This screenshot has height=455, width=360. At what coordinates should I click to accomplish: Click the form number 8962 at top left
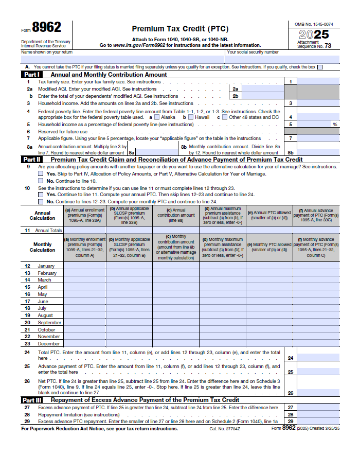47,28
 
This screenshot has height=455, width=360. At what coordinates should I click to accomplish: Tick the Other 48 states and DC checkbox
224,117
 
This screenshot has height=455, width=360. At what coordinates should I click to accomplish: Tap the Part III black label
32,400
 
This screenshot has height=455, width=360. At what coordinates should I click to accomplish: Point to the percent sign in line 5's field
335,125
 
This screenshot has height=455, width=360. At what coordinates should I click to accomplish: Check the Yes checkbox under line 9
41,174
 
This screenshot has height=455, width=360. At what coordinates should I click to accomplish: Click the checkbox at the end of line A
320,67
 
